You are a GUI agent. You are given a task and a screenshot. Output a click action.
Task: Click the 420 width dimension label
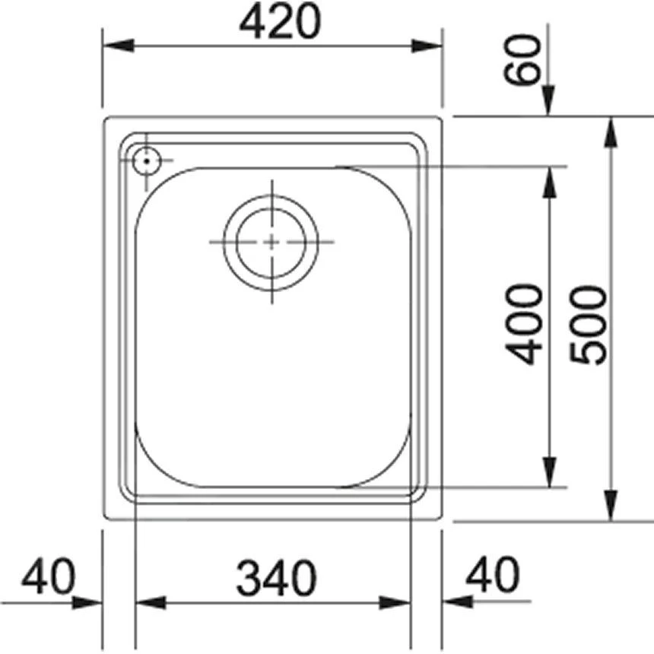(280, 21)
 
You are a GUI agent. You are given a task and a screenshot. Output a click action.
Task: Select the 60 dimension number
(522, 60)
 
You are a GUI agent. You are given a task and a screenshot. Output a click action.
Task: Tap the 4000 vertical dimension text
(523, 324)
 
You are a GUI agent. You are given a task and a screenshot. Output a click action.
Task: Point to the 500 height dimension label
(588, 325)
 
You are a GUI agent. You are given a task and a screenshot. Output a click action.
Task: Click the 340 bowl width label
(277, 579)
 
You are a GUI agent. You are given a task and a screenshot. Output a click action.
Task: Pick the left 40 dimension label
(49, 576)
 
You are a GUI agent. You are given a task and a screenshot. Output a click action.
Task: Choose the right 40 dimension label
(493, 574)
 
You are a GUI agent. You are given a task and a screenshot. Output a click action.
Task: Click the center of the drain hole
(271, 242)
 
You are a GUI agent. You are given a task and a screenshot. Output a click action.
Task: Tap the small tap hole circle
(146, 160)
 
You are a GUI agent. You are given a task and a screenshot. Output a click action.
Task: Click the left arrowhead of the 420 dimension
(119, 45)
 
